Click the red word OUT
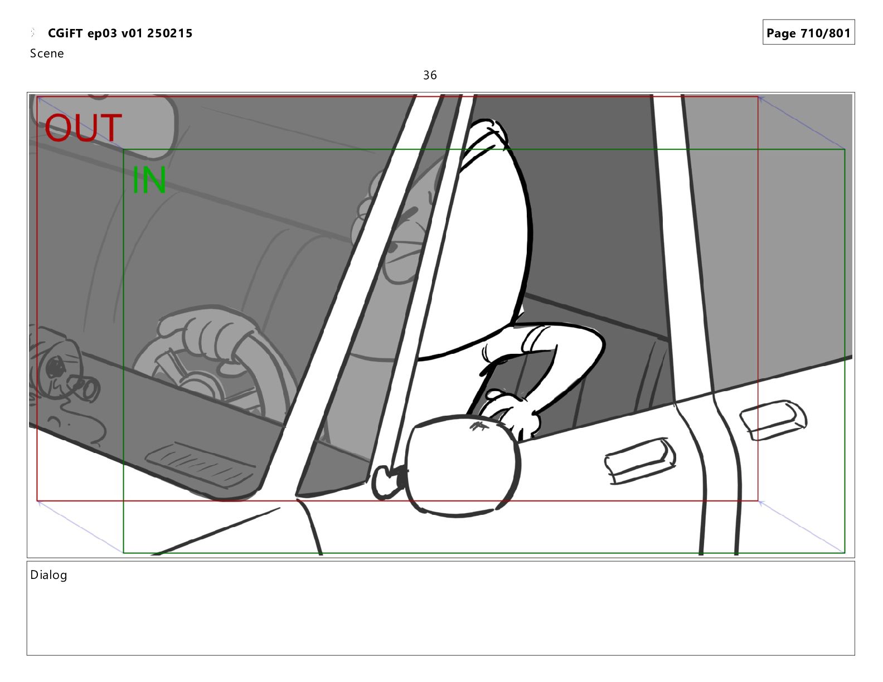83,128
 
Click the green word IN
149,180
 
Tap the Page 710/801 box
808,32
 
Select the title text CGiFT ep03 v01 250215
120,33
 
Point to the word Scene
47,53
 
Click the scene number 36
430,75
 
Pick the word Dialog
48,575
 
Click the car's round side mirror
462,465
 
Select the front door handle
639,461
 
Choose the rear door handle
773,420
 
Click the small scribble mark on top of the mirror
479,426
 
